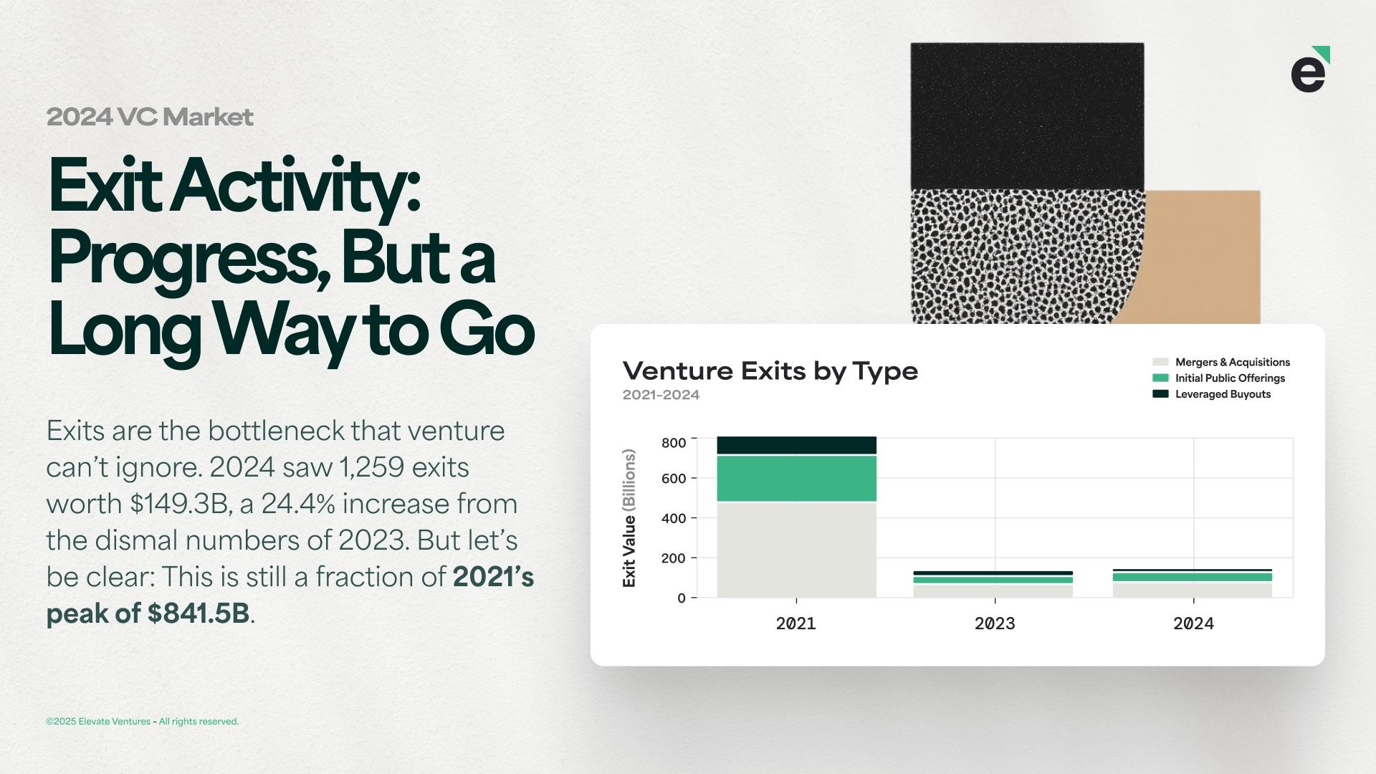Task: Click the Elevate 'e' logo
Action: point(1310,70)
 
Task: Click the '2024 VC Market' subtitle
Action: point(150,117)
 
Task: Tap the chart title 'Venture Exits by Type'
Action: point(770,371)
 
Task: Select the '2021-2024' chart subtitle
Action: point(661,395)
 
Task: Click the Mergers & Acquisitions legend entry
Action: point(1221,363)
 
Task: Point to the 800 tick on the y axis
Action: point(674,443)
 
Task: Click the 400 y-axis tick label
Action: point(674,518)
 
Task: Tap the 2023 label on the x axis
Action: point(995,623)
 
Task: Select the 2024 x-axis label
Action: point(1193,623)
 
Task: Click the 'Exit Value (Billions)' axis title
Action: point(629,518)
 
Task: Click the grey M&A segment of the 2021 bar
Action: point(796,550)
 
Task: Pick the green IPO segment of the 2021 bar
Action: point(796,479)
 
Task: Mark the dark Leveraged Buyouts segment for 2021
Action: point(796,445)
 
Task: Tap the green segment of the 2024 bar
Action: point(1193,577)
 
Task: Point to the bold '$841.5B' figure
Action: point(199,613)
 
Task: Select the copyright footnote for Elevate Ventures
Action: point(143,722)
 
